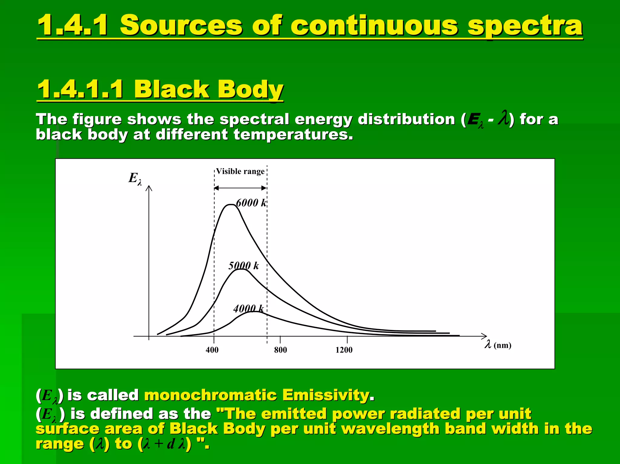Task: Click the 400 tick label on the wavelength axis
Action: pos(212,350)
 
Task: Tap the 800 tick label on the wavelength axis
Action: pos(280,350)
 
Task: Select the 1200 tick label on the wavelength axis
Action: pos(344,350)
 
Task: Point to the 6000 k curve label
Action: pos(251,203)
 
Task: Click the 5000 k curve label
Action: pos(244,266)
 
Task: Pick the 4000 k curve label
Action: pos(249,309)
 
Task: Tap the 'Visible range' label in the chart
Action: pos(240,172)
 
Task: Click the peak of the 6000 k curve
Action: pos(231,205)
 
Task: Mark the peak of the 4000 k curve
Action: pos(255,312)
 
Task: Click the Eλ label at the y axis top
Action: pos(135,178)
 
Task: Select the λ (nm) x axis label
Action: pos(498,345)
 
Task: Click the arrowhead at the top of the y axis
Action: pos(149,188)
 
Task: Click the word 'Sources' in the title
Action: pos(181,25)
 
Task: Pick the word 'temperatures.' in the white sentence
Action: pos(293,134)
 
